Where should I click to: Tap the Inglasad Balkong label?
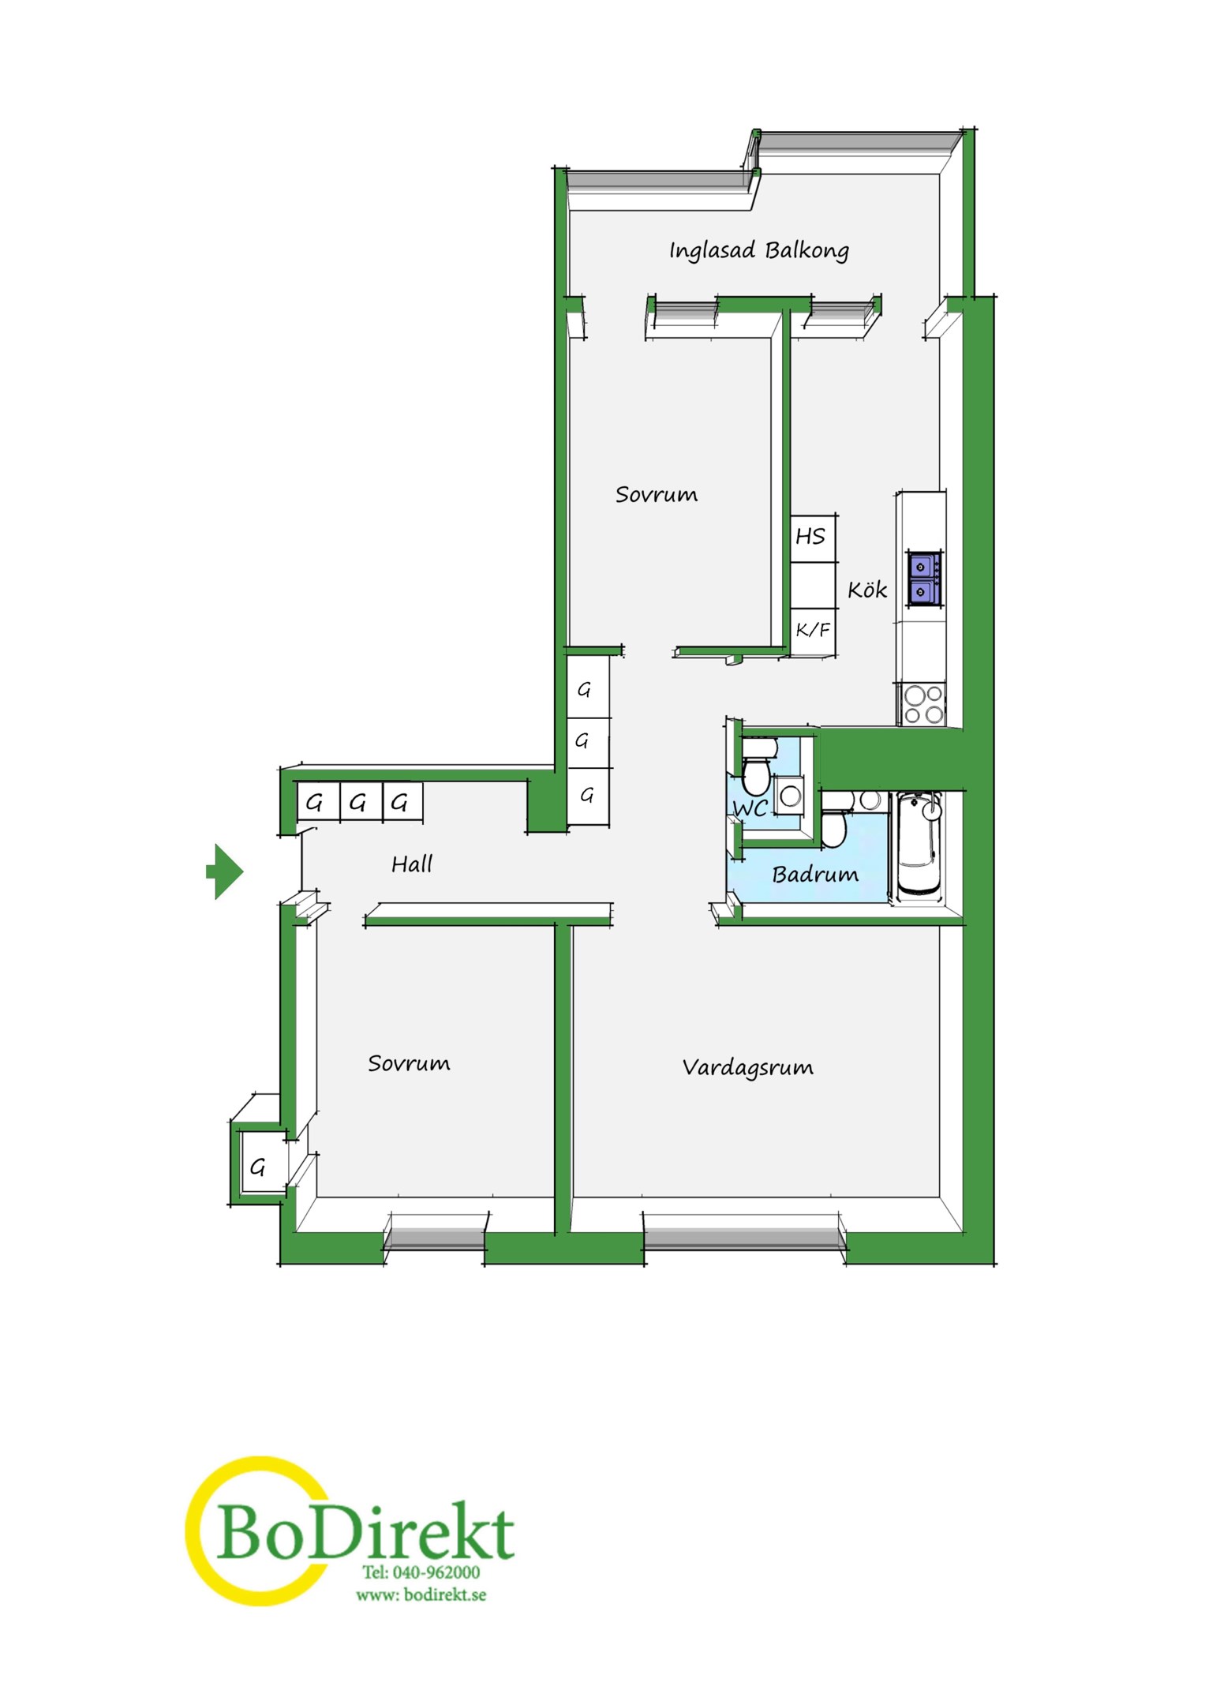click(759, 251)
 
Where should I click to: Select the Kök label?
click(867, 589)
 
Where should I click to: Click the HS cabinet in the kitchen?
click(814, 538)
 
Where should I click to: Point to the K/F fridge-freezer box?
click(814, 631)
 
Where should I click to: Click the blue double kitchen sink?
click(923, 579)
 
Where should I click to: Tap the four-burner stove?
click(922, 704)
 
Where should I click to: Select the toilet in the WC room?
click(756, 770)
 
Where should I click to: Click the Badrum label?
click(815, 874)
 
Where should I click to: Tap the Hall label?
click(412, 864)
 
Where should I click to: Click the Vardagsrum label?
click(747, 1068)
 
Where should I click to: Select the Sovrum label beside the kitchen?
click(657, 495)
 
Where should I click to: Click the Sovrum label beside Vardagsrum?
click(409, 1064)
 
